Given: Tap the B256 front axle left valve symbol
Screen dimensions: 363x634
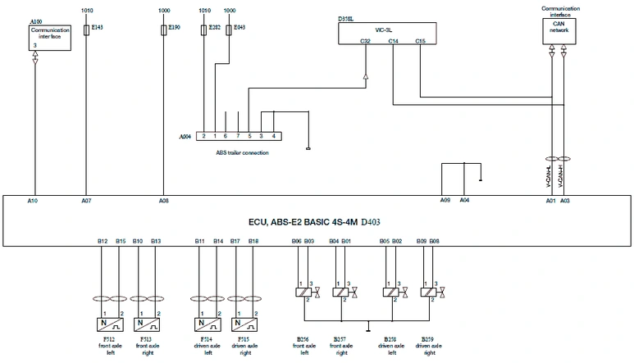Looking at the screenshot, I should tap(302, 292).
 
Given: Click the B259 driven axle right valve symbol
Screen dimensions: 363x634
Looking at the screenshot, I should tap(427, 292).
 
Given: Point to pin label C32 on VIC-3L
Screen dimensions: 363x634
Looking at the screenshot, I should tap(365, 40).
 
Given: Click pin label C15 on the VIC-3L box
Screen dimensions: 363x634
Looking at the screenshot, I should tap(420, 40).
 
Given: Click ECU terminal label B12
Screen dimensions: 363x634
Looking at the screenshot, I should tap(102, 241).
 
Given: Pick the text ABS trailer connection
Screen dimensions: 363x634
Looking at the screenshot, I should tap(242, 152).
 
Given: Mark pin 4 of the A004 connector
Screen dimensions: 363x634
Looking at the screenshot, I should tap(273, 135).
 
